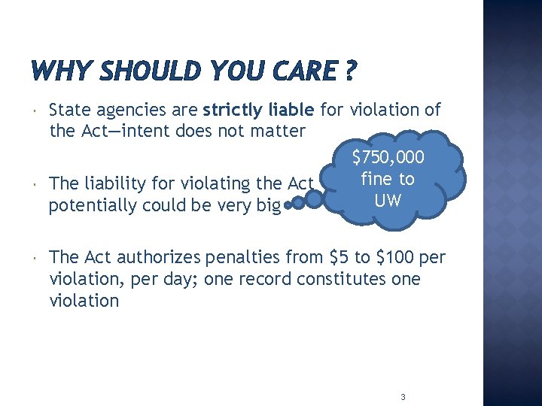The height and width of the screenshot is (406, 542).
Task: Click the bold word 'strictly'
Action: (233, 111)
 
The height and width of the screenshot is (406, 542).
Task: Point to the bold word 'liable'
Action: (291, 111)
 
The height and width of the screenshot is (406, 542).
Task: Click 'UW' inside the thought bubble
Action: (388, 201)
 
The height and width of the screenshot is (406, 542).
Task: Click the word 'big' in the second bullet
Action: (267, 205)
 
